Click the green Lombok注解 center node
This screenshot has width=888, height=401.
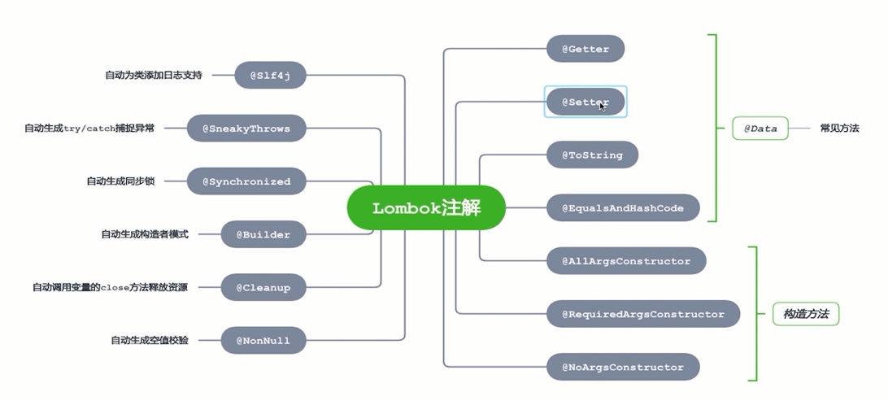(x=426, y=208)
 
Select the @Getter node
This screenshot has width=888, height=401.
(x=585, y=49)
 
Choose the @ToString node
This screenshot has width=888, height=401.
(x=592, y=155)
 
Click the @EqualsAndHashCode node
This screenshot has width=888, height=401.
(x=623, y=208)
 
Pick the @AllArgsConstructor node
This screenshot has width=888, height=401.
(x=626, y=261)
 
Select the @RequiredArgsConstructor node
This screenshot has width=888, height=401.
(x=642, y=314)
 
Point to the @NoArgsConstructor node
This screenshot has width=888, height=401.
(x=623, y=367)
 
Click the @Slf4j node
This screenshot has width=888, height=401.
(x=270, y=75)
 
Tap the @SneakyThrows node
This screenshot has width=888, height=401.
(x=246, y=129)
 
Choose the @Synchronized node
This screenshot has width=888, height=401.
(x=246, y=181)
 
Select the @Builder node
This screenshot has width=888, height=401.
(x=263, y=234)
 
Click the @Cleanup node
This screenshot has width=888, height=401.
(x=263, y=287)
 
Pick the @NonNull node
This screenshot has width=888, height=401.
(x=263, y=340)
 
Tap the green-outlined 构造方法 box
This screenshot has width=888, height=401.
(x=806, y=314)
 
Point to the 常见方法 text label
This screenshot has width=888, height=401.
(x=839, y=129)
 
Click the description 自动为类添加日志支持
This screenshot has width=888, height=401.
(x=153, y=75)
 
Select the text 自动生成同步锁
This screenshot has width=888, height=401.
(x=120, y=181)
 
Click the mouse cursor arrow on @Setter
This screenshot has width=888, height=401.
(x=602, y=106)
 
